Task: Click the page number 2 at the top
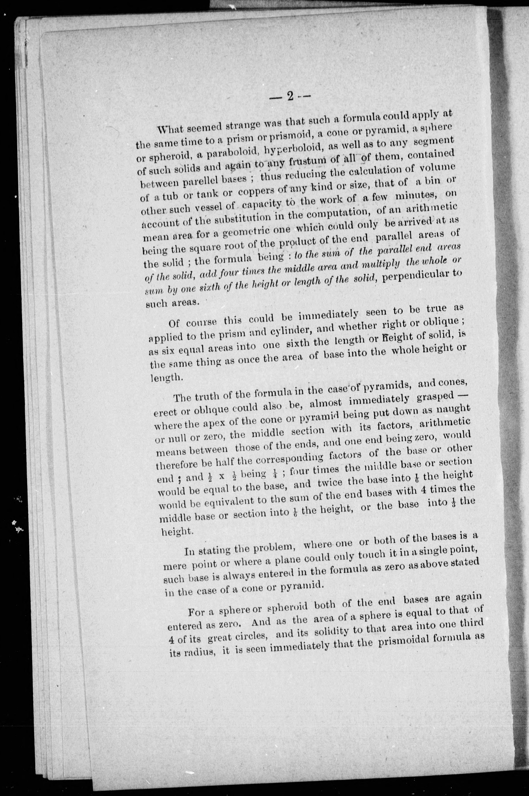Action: (x=290, y=96)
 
